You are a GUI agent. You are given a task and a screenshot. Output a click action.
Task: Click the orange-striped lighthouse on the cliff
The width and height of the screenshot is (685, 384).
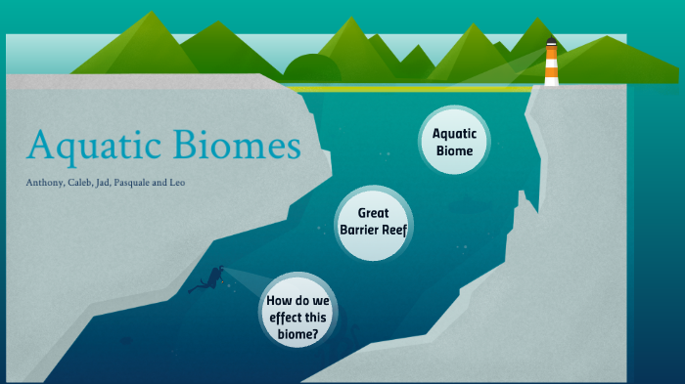tap(552, 66)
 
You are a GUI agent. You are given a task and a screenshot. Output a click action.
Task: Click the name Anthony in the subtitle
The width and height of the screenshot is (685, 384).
tap(46, 183)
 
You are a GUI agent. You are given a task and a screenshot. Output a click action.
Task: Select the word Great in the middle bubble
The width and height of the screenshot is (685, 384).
tap(374, 212)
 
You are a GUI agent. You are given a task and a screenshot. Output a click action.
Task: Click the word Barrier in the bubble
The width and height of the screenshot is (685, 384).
tap(361, 230)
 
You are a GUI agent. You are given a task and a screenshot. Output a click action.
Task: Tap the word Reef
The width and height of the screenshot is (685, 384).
tap(394, 230)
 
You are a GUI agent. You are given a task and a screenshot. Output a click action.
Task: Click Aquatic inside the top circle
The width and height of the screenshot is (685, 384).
tap(454, 134)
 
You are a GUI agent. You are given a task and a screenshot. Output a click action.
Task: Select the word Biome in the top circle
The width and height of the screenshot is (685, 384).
tap(454, 151)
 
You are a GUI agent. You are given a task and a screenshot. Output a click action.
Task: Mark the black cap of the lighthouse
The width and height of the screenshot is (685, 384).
tap(552, 42)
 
